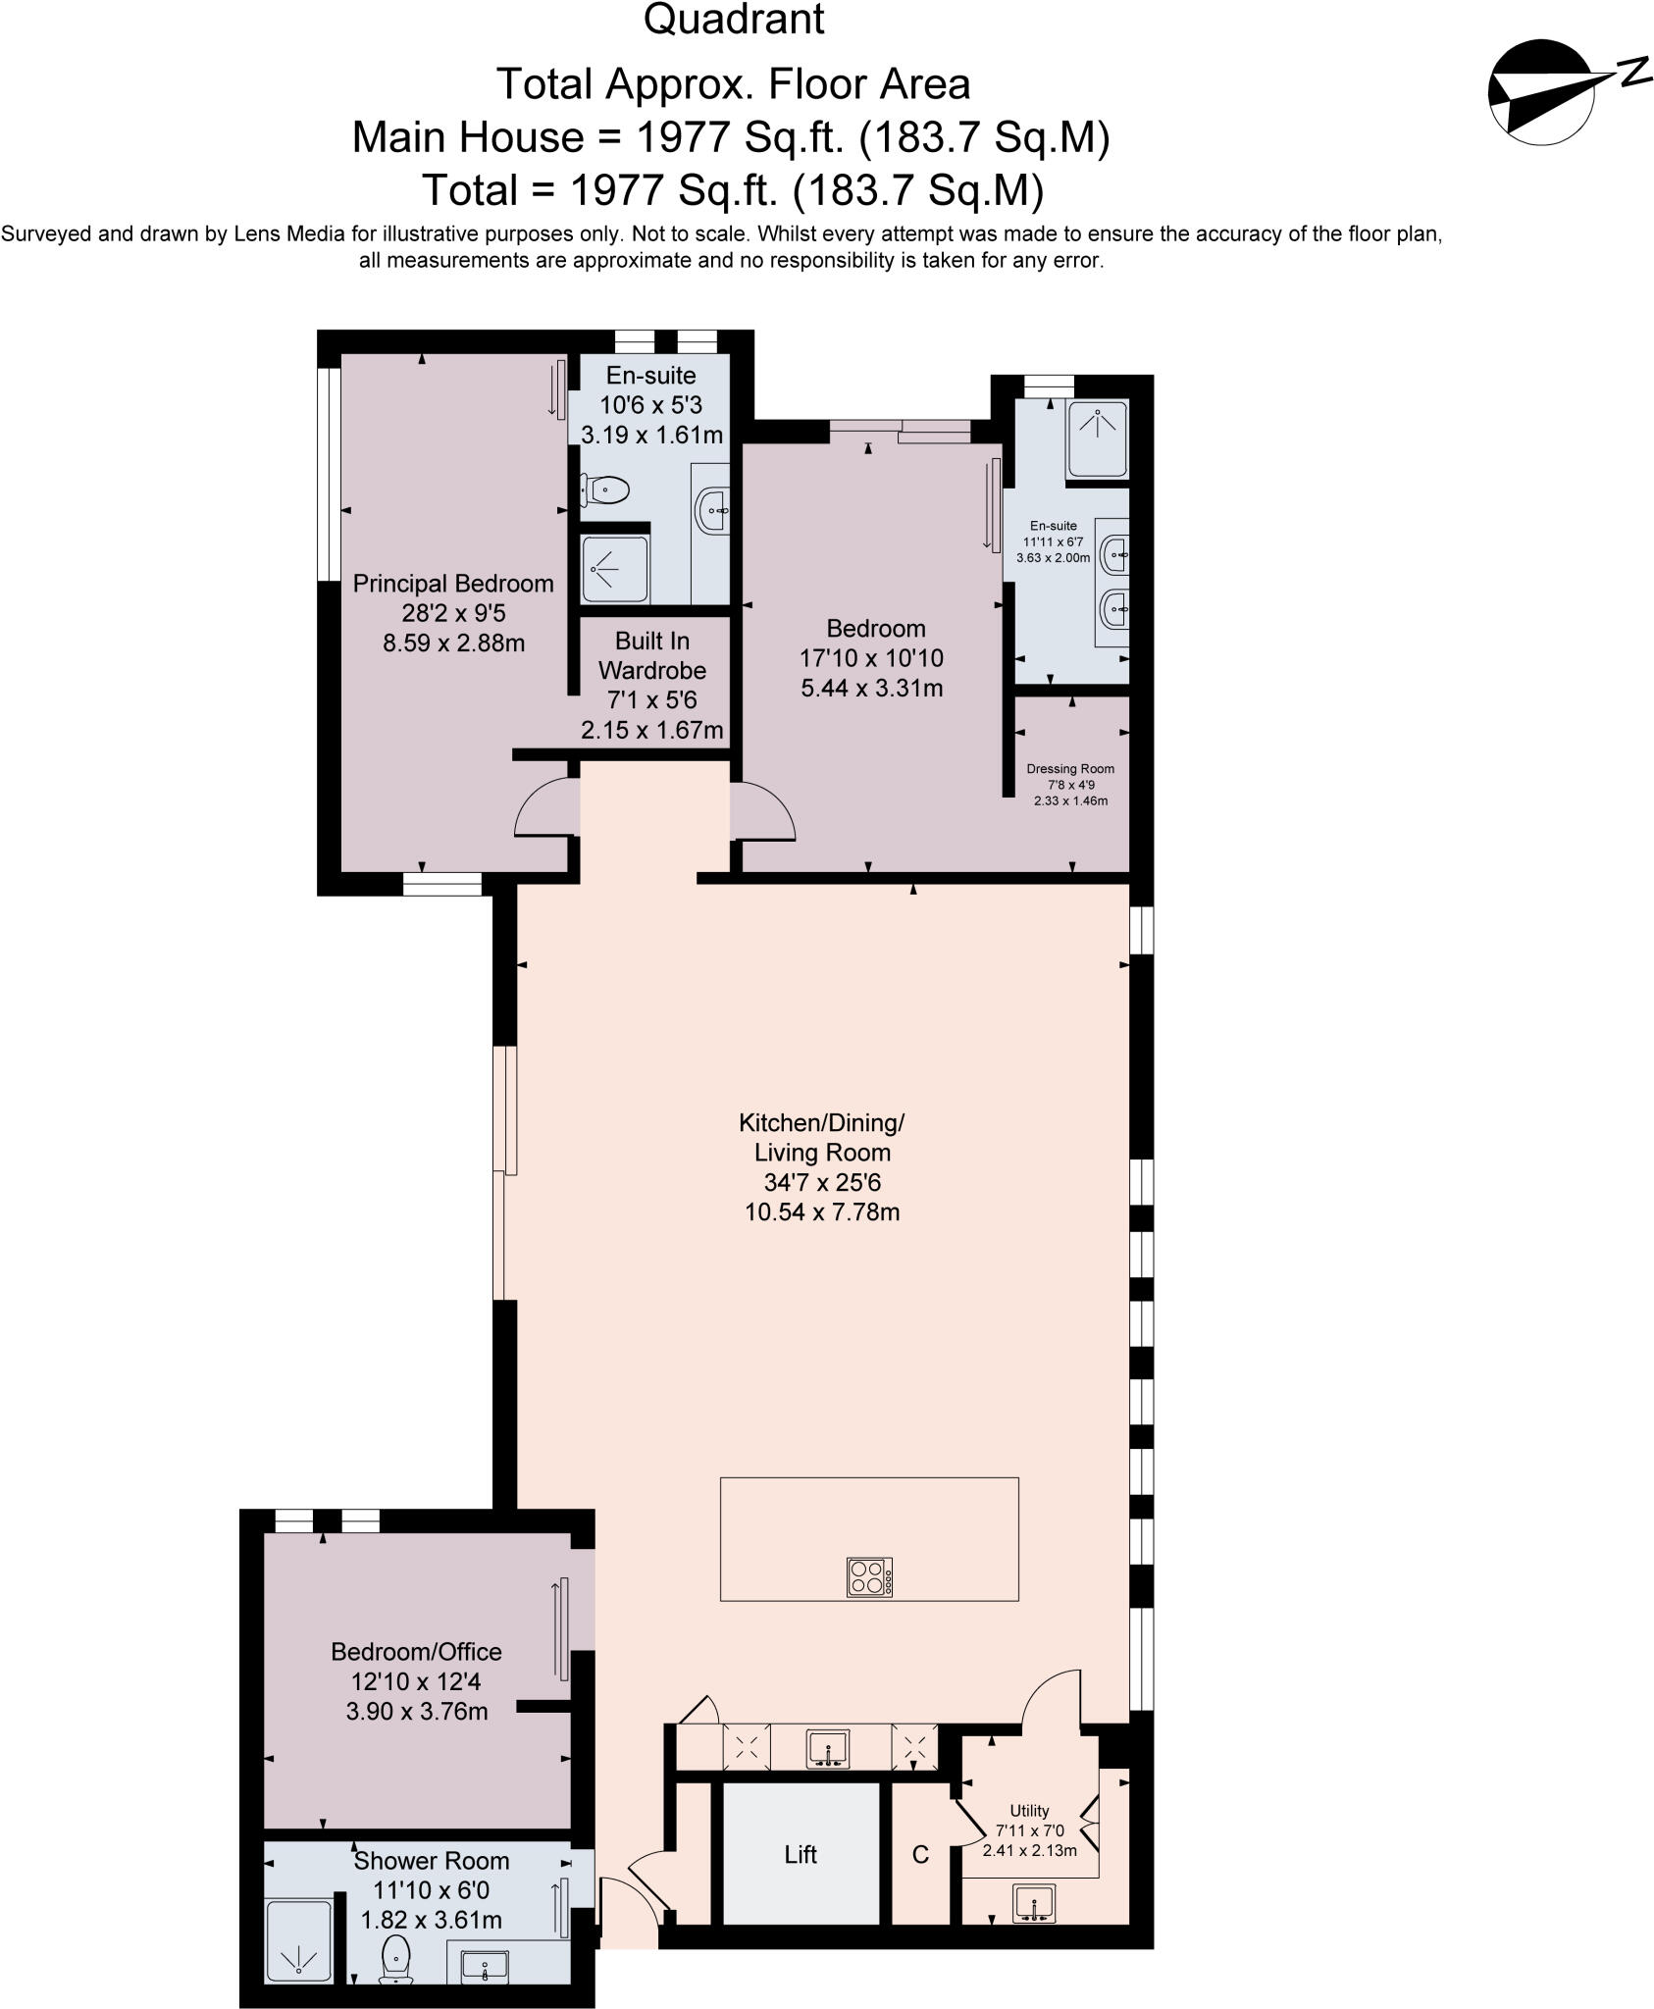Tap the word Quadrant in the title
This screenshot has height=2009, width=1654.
[x=734, y=21]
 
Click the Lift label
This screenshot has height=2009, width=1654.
[x=800, y=1854]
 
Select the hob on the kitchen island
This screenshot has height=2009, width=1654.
[x=869, y=1577]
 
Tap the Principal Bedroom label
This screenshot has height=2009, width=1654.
[x=453, y=584]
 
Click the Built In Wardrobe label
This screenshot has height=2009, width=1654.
[x=651, y=655]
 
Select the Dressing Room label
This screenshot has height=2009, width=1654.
[x=1070, y=769]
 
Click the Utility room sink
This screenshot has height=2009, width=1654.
[x=1034, y=1903]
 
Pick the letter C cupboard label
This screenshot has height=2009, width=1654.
[x=920, y=1855]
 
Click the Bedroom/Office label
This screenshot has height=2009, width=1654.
[x=416, y=1652]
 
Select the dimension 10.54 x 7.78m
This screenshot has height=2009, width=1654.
[x=822, y=1211]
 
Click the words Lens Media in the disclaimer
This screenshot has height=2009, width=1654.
[x=280, y=234]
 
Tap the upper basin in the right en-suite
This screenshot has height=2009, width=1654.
[x=1114, y=555]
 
